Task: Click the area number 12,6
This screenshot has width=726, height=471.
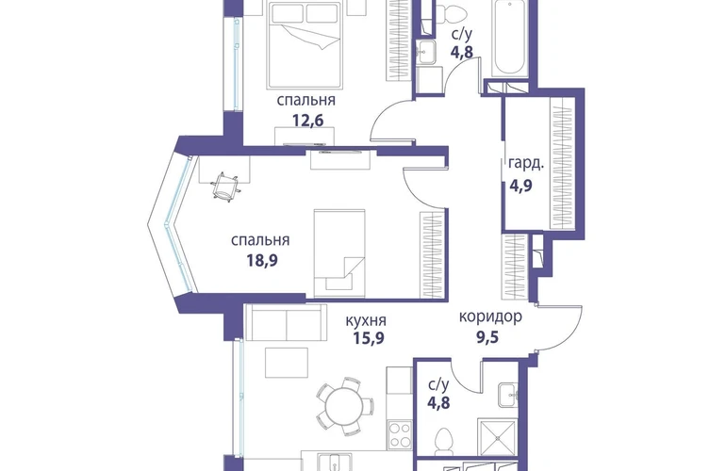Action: click(x=307, y=121)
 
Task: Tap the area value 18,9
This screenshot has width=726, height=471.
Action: click(x=261, y=261)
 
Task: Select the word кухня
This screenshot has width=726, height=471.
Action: click(x=366, y=320)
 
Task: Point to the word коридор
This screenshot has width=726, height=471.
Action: click(x=490, y=317)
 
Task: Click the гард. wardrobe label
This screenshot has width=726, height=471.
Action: click(x=526, y=164)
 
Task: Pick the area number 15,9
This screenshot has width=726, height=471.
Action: click(x=369, y=338)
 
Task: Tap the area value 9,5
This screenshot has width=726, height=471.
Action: click(x=487, y=337)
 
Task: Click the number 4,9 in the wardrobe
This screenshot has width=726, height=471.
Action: click(x=520, y=186)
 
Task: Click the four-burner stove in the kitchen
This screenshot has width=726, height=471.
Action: click(x=400, y=435)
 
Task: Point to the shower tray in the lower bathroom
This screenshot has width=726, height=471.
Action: click(x=497, y=438)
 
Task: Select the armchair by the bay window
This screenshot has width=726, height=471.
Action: click(x=225, y=186)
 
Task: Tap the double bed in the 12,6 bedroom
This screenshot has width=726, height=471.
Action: click(x=305, y=44)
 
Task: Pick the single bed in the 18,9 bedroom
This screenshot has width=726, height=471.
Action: click(x=339, y=253)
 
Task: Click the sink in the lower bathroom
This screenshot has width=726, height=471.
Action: click(x=508, y=395)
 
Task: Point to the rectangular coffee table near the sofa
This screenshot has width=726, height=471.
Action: click(x=287, y=363)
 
